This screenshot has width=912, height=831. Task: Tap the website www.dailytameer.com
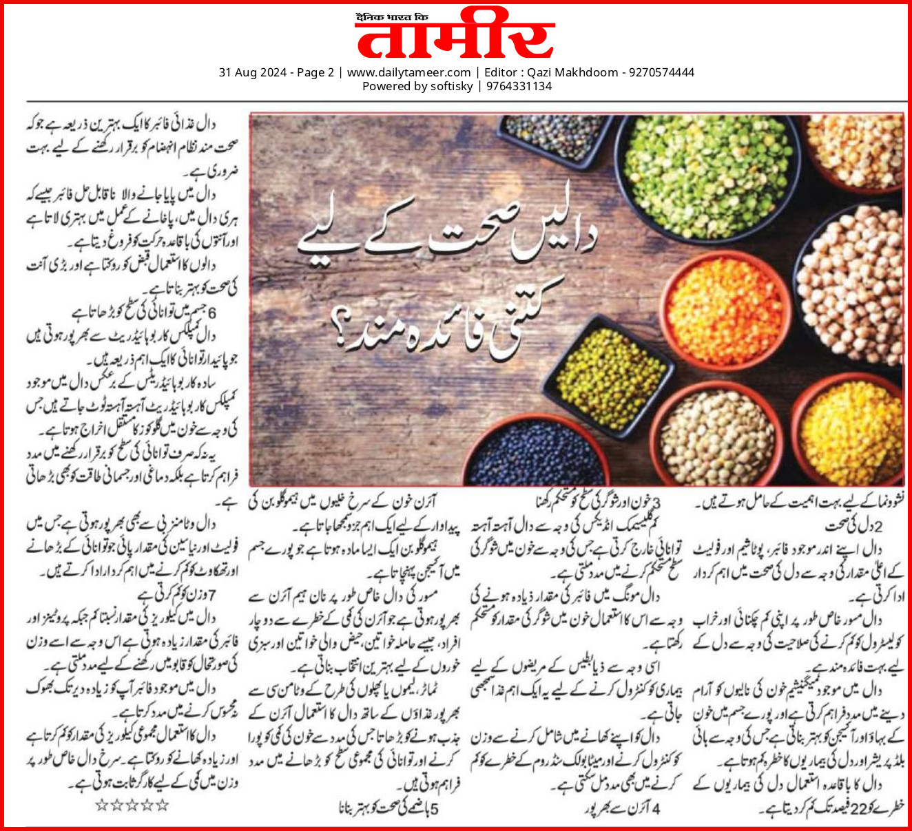[408, 72]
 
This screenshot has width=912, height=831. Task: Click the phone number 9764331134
[519, 86]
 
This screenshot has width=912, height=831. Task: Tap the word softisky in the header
[448, 86]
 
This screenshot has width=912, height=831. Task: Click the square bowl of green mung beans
[609, 375]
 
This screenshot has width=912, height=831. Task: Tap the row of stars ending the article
[132, 804]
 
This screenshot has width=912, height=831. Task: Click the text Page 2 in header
[315, 72]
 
